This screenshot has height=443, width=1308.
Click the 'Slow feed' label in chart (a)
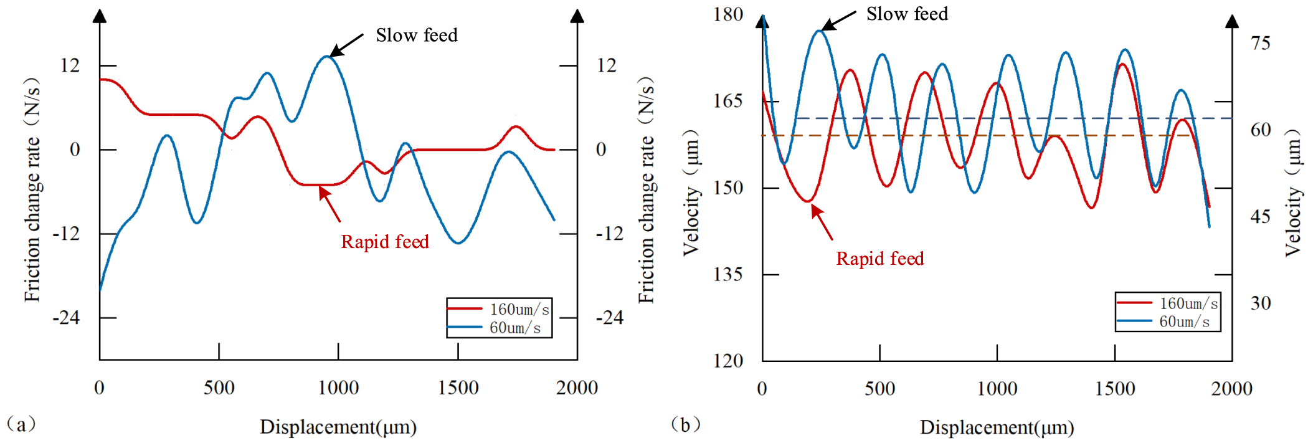tap(416, 36)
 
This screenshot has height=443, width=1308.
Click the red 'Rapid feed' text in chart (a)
tap(385, 242)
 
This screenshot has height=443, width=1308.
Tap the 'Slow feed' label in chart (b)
tap(907, 14)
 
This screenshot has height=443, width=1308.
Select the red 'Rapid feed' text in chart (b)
tap(879, 259)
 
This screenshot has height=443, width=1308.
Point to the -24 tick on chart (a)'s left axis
tap(67, 318)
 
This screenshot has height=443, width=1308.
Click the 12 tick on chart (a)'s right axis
tap(606, 65)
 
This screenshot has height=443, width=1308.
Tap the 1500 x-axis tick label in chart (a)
tap(458, 388)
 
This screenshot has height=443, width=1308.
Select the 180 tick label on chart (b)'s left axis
tap(728, 14)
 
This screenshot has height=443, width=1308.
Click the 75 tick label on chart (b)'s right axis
tap(1260, 44)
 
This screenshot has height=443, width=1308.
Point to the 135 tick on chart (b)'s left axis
tap(728, 274)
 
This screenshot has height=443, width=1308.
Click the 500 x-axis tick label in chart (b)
tap(879, 389)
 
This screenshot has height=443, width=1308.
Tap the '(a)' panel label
tap(21, 424)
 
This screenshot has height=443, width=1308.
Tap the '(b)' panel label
tap(685, 425)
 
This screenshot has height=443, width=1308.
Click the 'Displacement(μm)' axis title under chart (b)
tap(997, 427)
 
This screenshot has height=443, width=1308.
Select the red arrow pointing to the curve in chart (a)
tap(330, 204)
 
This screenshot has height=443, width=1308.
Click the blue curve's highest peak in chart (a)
tap(326, 57)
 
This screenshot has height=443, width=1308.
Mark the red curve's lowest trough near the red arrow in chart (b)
tap(808, 201)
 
